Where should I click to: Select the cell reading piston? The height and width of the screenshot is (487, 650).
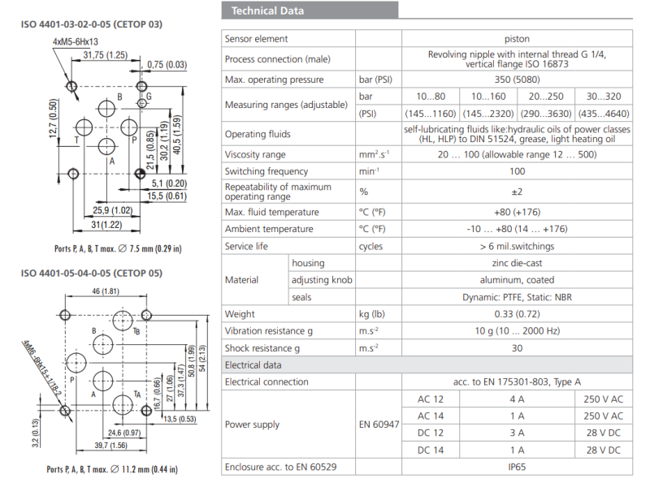(x=517, y=39)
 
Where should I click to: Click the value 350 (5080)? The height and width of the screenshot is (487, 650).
(x=517, y=80)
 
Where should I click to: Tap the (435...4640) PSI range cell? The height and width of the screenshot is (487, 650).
(x=603, y=114)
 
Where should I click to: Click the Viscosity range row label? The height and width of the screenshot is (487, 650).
(x=255, y=154)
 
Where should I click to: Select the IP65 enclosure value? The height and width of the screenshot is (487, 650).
(x=517, y=468)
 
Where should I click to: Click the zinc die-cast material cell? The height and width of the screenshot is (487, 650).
(x=517, y=263)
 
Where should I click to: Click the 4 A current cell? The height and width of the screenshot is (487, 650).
(x=517, y=399)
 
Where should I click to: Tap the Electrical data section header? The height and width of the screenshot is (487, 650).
(x=253, y=365)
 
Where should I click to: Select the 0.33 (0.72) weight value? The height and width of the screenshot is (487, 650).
(x=517, y=314)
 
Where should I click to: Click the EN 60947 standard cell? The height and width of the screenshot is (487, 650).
(x=380, y=425)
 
